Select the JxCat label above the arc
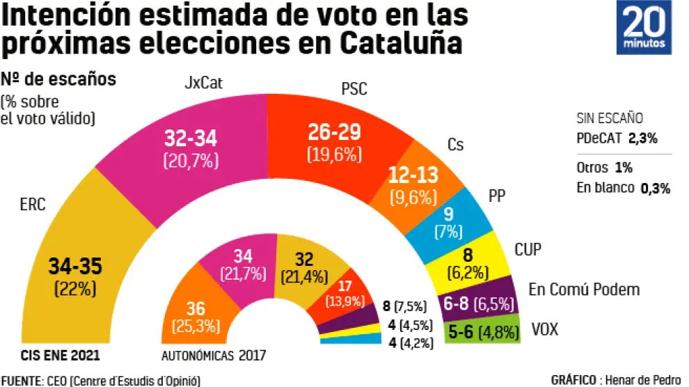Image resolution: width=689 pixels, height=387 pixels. [203, 85]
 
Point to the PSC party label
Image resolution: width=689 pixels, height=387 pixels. [354, 88]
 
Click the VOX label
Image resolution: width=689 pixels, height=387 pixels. [544, 329]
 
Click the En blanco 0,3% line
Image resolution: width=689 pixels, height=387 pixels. [623, 187]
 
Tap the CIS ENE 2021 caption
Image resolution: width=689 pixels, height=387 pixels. [61, 355]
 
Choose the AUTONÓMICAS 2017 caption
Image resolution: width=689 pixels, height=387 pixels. [214, 355]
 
